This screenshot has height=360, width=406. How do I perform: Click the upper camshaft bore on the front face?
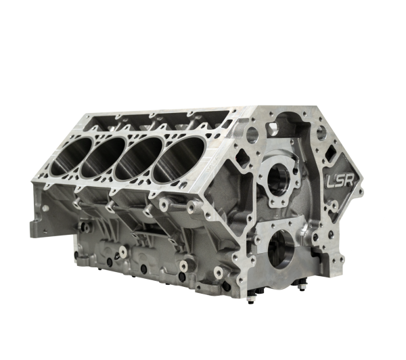click(279, 179)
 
